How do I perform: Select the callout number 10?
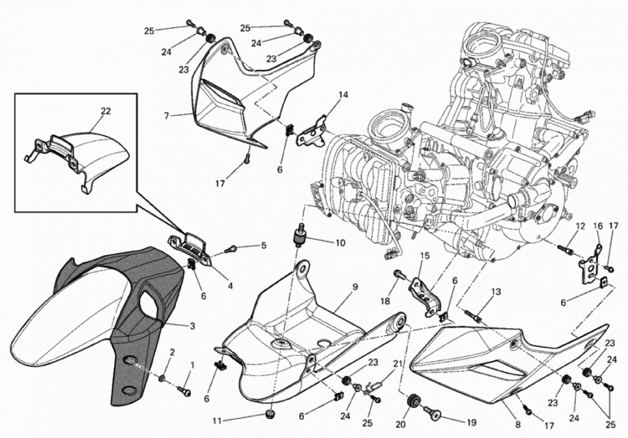(x=340, y=243)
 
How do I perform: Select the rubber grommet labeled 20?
(x=412, y=401)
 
